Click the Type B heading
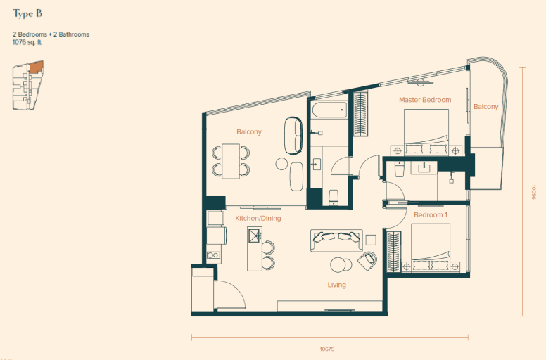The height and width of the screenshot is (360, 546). (27, 14)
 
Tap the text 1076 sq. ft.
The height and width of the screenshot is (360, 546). (27, 42)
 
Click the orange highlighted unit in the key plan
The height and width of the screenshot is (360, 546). (36, 67)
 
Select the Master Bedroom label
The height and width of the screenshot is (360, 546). (425, 100)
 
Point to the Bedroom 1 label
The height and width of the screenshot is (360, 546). (431, 215)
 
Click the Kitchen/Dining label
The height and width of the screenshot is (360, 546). (258, 219)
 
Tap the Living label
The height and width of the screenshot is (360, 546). (337, 285)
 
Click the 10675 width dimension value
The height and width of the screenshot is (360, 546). (327, 349)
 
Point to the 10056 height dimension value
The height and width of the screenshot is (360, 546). (534, 192)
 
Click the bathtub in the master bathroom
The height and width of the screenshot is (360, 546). (329, 110)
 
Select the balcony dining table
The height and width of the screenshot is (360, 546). (231, 161)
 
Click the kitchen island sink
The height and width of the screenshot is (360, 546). (255, 236)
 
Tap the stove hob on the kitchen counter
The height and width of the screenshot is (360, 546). (212, 255)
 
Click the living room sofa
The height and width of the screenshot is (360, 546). (336, 240)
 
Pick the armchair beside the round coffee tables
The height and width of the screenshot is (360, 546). (367, 261)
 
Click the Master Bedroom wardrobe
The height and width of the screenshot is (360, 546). (360, 113)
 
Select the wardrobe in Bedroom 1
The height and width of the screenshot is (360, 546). (394, 252)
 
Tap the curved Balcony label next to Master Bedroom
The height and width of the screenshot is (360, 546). (485, 107)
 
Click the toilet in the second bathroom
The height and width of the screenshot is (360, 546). (400, 169)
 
